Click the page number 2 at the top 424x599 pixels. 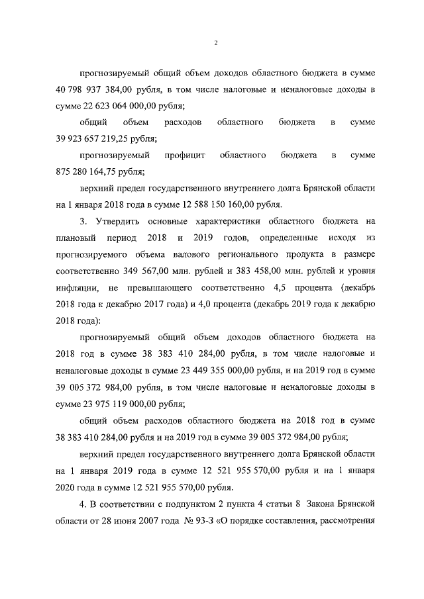coord(217,43)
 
